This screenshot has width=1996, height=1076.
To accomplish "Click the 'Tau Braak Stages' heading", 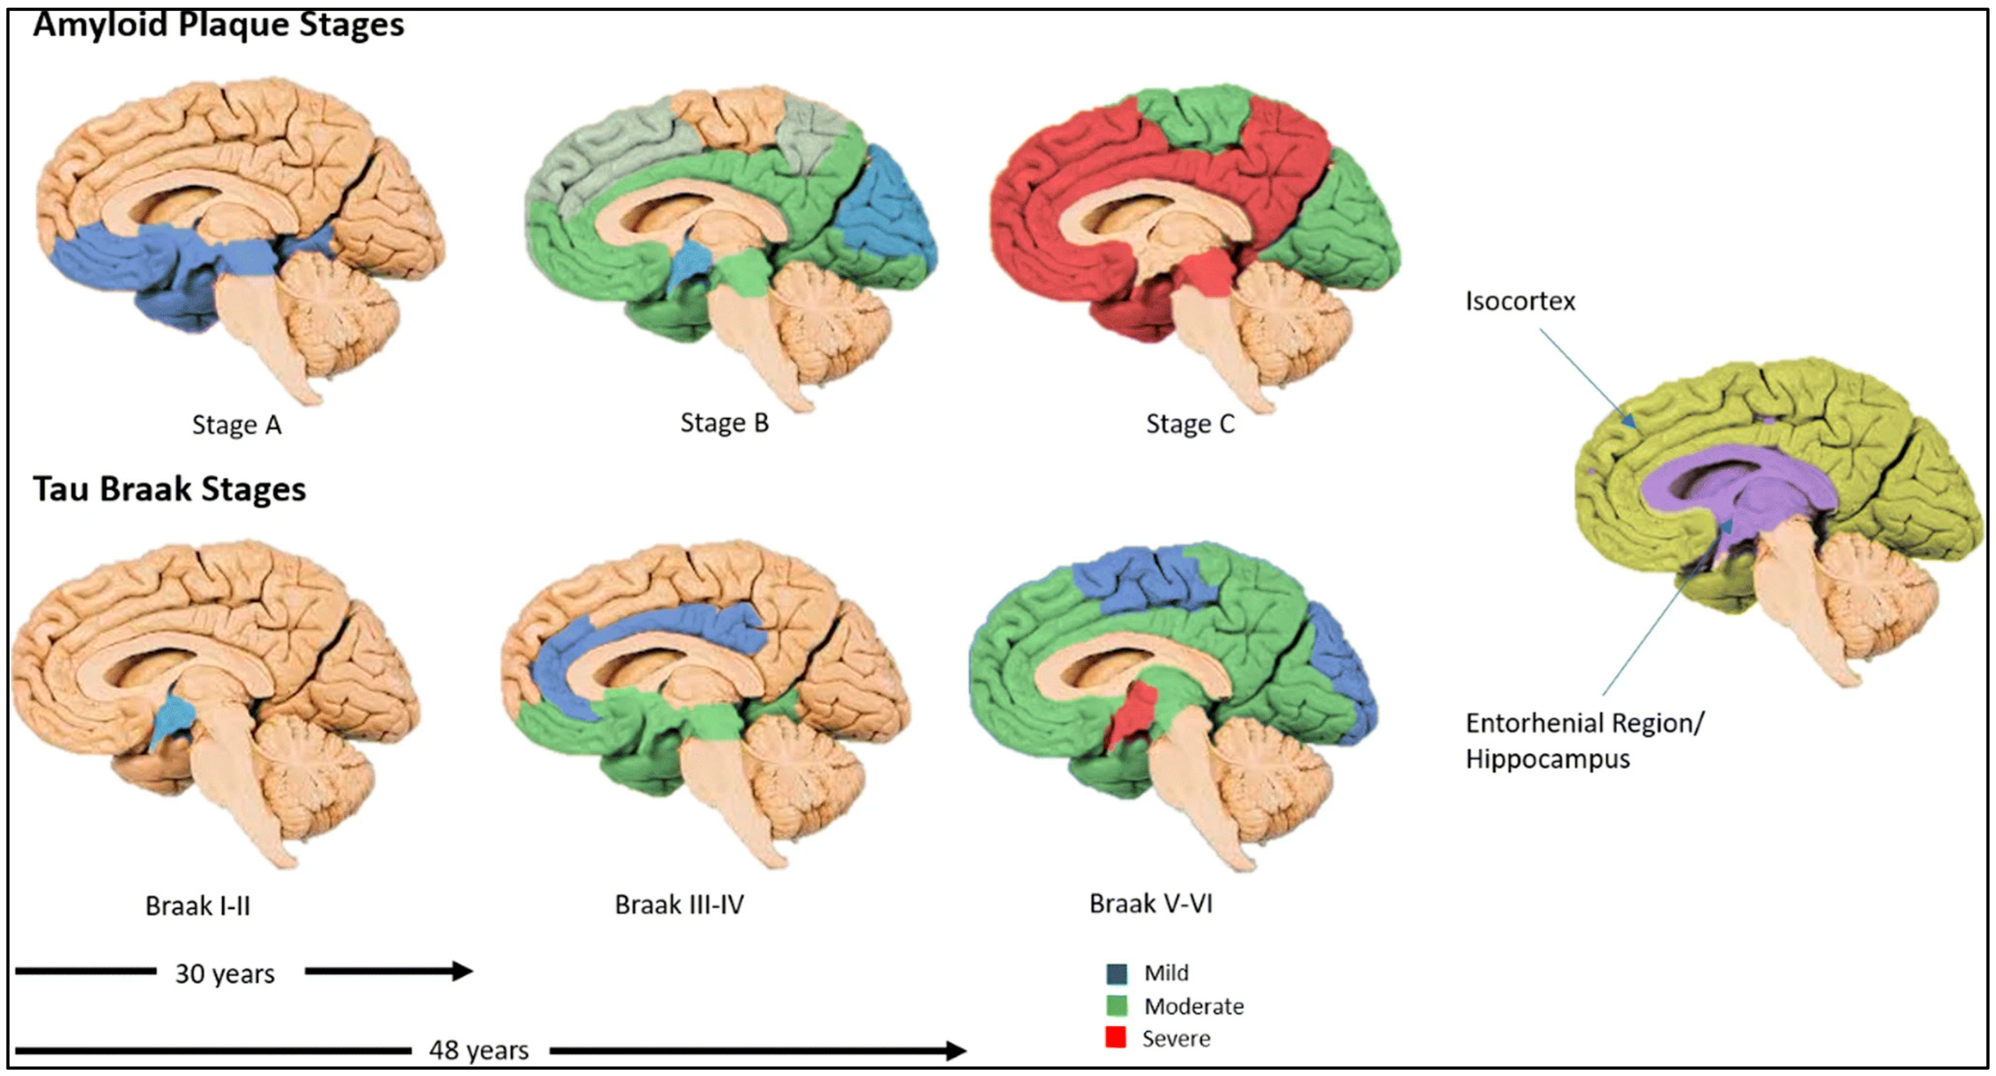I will (x=169, y=489).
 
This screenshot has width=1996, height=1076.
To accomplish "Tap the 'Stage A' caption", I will (x=236, y=425).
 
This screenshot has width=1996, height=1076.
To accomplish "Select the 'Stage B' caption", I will (x=724, y=423).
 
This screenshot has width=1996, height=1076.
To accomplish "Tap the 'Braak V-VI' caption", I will (x=1151, y=904).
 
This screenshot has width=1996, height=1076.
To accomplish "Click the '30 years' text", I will (x=225, y=974).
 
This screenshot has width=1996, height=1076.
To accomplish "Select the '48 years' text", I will (x=479, y=1050).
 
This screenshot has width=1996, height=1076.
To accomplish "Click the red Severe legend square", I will (x=1115, y=1037).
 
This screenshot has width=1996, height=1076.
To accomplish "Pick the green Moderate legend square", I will (x=1116, y=1006).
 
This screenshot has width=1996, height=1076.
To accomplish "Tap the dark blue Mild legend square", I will (x=1116, y=973).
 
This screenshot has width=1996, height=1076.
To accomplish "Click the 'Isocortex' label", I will (x=1520, y=301).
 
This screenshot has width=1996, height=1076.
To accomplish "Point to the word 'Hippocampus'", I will (x=1547, y=759).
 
